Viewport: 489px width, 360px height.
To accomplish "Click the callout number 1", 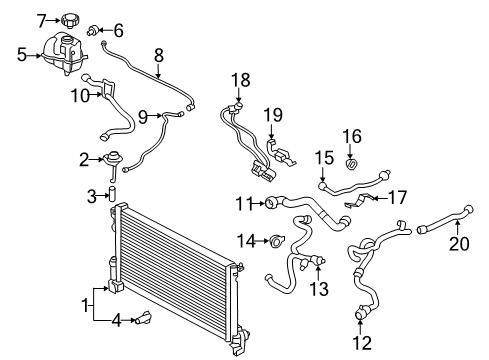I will click(x=86, y=301).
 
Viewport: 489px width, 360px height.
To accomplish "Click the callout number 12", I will click(x=363, y=343).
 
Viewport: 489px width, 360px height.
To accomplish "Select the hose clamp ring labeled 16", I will click(x=352, y=163).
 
